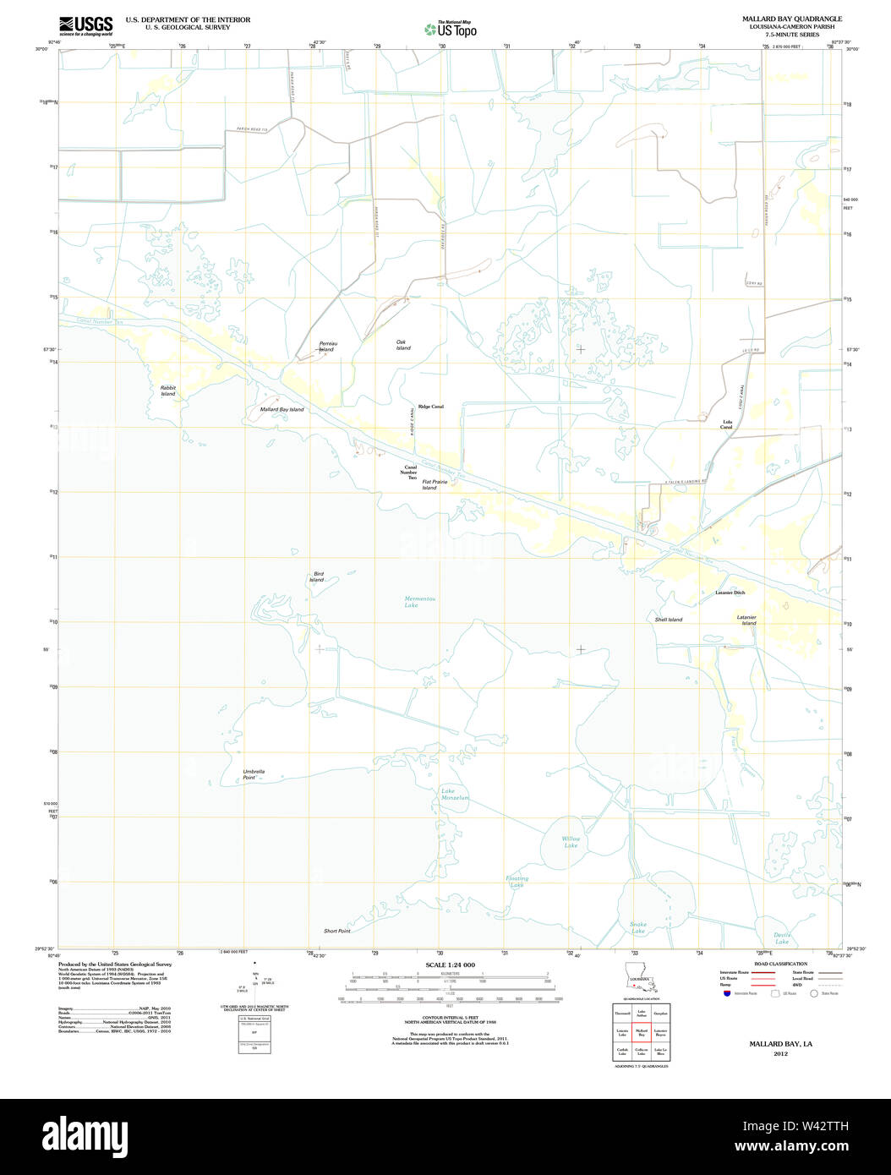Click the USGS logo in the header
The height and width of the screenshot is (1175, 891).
pyautogui.click(x=85, y=25)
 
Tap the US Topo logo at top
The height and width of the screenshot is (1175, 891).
pyautogui.click(x=451, y=29)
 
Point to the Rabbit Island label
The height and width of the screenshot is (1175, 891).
pyautogui.click(x=168, y=391)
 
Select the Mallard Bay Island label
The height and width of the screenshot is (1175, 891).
pyautogui.click(x=282, y=409)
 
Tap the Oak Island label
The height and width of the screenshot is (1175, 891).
pyautogui.click(x=403, y=345)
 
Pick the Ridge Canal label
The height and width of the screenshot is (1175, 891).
pyautogui.click(x=430, y=407)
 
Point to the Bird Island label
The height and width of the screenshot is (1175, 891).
pyautogui.click(x=317, y=577)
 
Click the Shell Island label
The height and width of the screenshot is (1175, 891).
pyautogui.click(x=668, y=620)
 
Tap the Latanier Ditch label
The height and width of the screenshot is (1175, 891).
pyautogui.click(x=730, y=593)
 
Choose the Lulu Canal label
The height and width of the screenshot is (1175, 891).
pyautogui.click(x=726, y=424)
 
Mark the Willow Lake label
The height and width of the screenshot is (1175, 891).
pyautogui.click(x=571, y=842)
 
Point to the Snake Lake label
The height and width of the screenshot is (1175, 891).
pyautogui.click(x=638, y=927)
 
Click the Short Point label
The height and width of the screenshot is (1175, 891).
pyautogui.click(x=336, y=931)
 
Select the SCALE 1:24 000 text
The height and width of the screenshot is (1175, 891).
pyautogui.click(x=450, y=965)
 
